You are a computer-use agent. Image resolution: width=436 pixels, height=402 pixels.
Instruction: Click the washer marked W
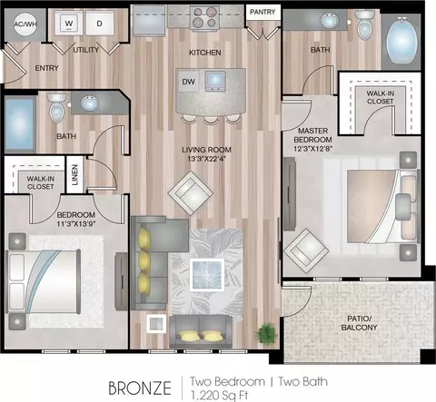[69, 23]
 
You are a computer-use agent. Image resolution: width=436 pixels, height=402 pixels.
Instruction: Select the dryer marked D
[99, 23]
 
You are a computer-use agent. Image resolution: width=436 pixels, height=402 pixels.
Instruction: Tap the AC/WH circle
[25, 25]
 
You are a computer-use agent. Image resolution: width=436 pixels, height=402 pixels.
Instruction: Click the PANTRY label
[263, 12]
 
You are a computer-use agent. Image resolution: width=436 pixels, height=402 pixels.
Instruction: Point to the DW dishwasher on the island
[188, 82]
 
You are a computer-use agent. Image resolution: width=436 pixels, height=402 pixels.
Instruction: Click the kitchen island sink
[215, 81]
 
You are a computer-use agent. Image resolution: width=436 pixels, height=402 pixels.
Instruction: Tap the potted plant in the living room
[266, 333]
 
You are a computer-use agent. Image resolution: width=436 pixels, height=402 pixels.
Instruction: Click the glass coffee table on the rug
[207, 275]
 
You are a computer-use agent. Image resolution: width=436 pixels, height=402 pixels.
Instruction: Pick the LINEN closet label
[74, 175]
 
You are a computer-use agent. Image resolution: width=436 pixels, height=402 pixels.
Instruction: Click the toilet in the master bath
[364, 25]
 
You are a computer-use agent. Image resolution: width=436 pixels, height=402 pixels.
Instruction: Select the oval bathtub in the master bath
[401, 40]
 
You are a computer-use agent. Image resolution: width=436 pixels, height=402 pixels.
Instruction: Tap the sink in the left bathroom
[90, 103]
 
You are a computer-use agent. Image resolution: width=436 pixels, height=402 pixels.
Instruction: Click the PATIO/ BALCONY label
[359, 323]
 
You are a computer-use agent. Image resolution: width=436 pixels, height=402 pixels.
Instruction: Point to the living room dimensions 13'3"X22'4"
[207, 159]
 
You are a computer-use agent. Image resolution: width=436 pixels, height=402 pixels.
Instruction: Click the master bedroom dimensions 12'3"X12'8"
[313, 149]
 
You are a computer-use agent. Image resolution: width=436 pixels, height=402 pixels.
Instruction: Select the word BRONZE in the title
[140, 387]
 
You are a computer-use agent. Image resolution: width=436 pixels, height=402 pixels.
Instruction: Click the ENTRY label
[46, 68]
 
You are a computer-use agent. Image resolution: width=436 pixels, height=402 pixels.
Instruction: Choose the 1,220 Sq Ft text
[220, 396]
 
